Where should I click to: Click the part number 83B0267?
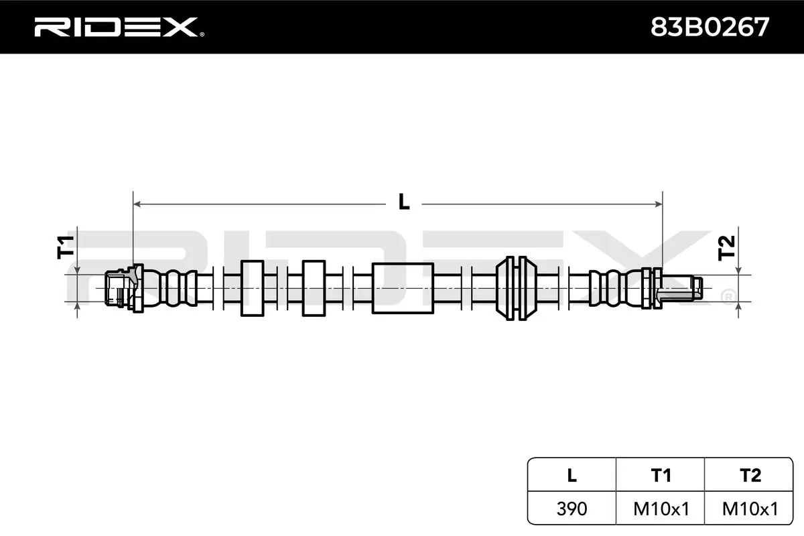[710, 27]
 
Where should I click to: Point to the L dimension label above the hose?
[403, 202]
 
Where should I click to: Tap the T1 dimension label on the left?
[66, 247]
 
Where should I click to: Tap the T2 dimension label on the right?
[726, 249]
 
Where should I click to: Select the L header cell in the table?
[571, 475]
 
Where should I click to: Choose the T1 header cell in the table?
[661, 475]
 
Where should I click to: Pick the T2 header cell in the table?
[750, 475]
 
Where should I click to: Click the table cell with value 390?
[571, 509]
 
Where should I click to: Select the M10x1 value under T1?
[661, 509]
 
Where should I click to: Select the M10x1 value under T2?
[750, 509]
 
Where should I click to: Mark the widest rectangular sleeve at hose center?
[402, 288]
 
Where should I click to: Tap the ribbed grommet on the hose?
[517, 288]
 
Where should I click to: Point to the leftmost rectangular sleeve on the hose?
[252, 288]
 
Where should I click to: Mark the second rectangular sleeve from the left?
[314, 288]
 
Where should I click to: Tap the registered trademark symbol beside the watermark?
[726, 295]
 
